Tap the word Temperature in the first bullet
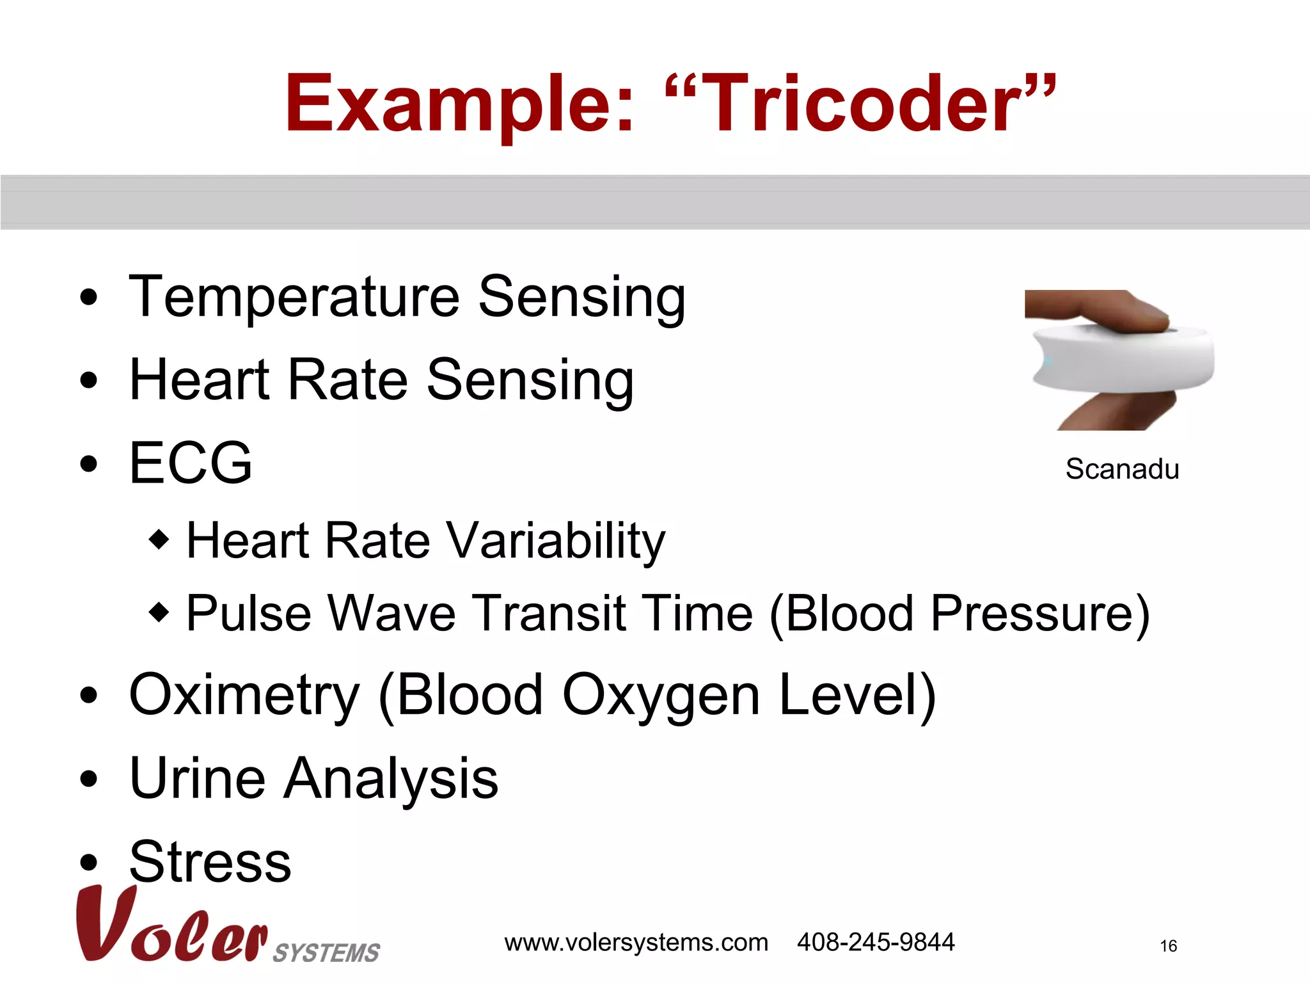[294, 298]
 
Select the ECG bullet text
[191, 463]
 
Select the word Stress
[210, 861]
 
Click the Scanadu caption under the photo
[1122, 469]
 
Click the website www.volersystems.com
[636, 943]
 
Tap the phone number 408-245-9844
[875, 942]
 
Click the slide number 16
[1168, 946]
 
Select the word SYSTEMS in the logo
[326, 953]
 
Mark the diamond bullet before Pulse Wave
[159, 612]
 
